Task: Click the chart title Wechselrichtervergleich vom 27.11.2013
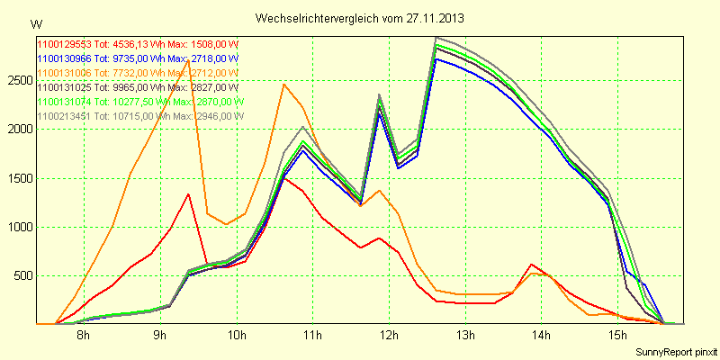tap(360, 18)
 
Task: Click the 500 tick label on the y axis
tap(22, 274)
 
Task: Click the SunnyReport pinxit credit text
tap(672, 350)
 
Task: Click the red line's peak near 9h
tap(188, 193)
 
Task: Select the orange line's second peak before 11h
tap(283, 84)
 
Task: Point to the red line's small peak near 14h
tap(533, 265)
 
